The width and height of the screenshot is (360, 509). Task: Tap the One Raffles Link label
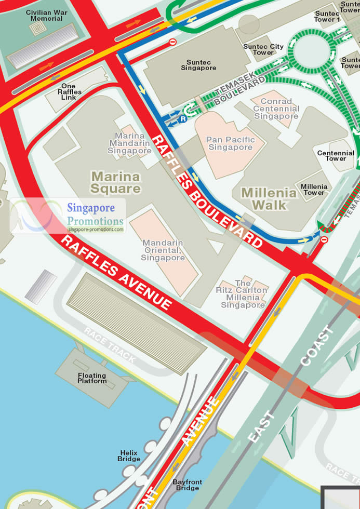tap(68, 92)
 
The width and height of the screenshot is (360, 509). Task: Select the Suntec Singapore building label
tap(198, 65)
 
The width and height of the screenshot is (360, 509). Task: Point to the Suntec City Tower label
tap(263, 49)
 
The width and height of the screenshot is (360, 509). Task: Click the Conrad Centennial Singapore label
tap(276, 109)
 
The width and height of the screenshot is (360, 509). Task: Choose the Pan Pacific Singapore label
tap(231, 143)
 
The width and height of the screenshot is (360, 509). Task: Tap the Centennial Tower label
tap(336, 156)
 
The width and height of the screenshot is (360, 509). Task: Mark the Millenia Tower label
tap(314, 190)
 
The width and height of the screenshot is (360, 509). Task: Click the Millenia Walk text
tap(269, 199)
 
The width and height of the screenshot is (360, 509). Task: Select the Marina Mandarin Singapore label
tap(130, 143)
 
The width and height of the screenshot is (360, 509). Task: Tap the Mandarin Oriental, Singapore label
tap(163, 250)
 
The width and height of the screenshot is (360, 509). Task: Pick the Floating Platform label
tap(92, 378)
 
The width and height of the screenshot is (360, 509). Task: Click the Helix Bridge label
tap(129, 456)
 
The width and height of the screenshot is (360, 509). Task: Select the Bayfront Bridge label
tap(187, 485)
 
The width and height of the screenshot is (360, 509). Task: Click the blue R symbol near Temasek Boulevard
tap(183, 119)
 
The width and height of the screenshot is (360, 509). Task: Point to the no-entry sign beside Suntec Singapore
tap(172, 42)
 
